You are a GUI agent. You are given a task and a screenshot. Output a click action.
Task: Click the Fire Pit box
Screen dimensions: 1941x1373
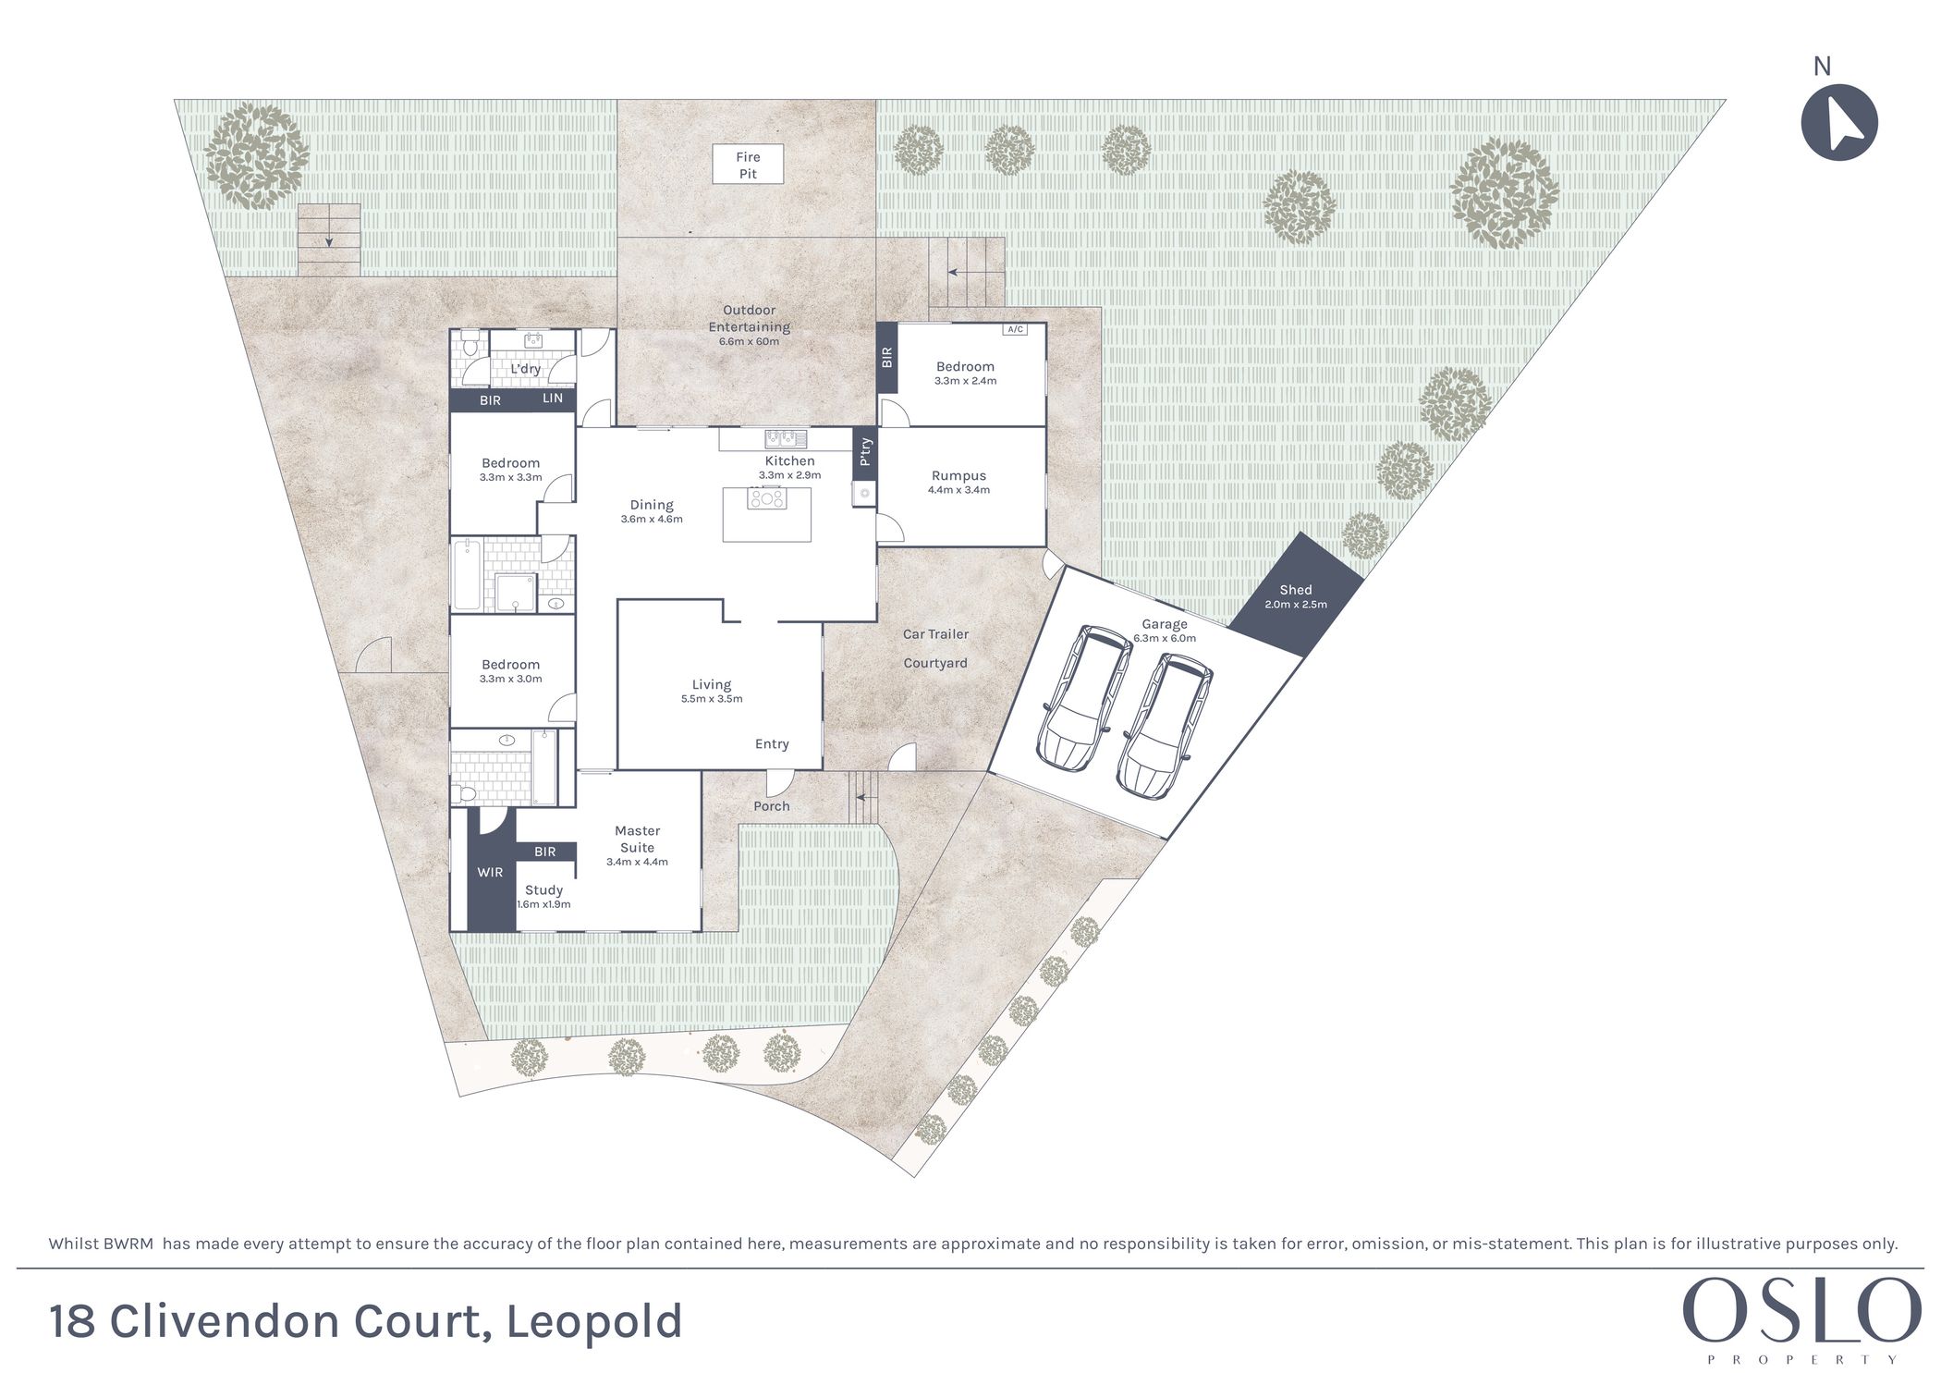click(x=748, y=165)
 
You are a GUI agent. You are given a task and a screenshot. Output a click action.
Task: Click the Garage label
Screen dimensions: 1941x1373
click(x=1164, y=624)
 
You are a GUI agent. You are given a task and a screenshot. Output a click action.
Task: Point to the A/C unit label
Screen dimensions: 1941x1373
click(x=1015, y=329)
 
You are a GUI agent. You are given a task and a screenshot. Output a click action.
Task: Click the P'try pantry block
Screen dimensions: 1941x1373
click(x=865, y=452)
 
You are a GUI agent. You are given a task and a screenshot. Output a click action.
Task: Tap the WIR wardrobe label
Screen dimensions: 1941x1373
click(x=490, y=872)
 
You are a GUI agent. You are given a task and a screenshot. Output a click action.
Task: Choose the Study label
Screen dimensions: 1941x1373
click(x=543, y=889)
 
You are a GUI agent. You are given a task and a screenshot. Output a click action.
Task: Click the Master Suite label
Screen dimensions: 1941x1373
click(x=637, y=839)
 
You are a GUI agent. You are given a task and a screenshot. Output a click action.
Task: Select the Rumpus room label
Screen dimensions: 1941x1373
click(x=958, y=475)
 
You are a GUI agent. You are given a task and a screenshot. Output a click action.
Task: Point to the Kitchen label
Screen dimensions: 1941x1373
click(x=789, y=460)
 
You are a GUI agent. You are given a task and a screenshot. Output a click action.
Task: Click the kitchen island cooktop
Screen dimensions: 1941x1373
click(x=767, y=499)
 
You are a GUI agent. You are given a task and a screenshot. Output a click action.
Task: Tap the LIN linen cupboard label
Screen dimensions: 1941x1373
click(x=553, y=398)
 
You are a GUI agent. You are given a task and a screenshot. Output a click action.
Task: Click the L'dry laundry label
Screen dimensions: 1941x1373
click(x=526, y=369)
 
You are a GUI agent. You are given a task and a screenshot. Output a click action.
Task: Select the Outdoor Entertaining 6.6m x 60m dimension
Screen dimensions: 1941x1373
click(x=749, y=341)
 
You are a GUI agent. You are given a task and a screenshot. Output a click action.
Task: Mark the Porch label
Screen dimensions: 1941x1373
click(x=772, y=806)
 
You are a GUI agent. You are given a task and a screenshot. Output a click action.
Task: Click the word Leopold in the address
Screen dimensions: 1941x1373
click(x=594, y=1321)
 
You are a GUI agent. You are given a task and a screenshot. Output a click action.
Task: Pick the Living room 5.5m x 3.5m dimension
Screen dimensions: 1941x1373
click(x=712, y=699)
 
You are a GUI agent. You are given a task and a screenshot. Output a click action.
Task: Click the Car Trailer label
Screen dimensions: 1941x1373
click(x=935, y=634)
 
